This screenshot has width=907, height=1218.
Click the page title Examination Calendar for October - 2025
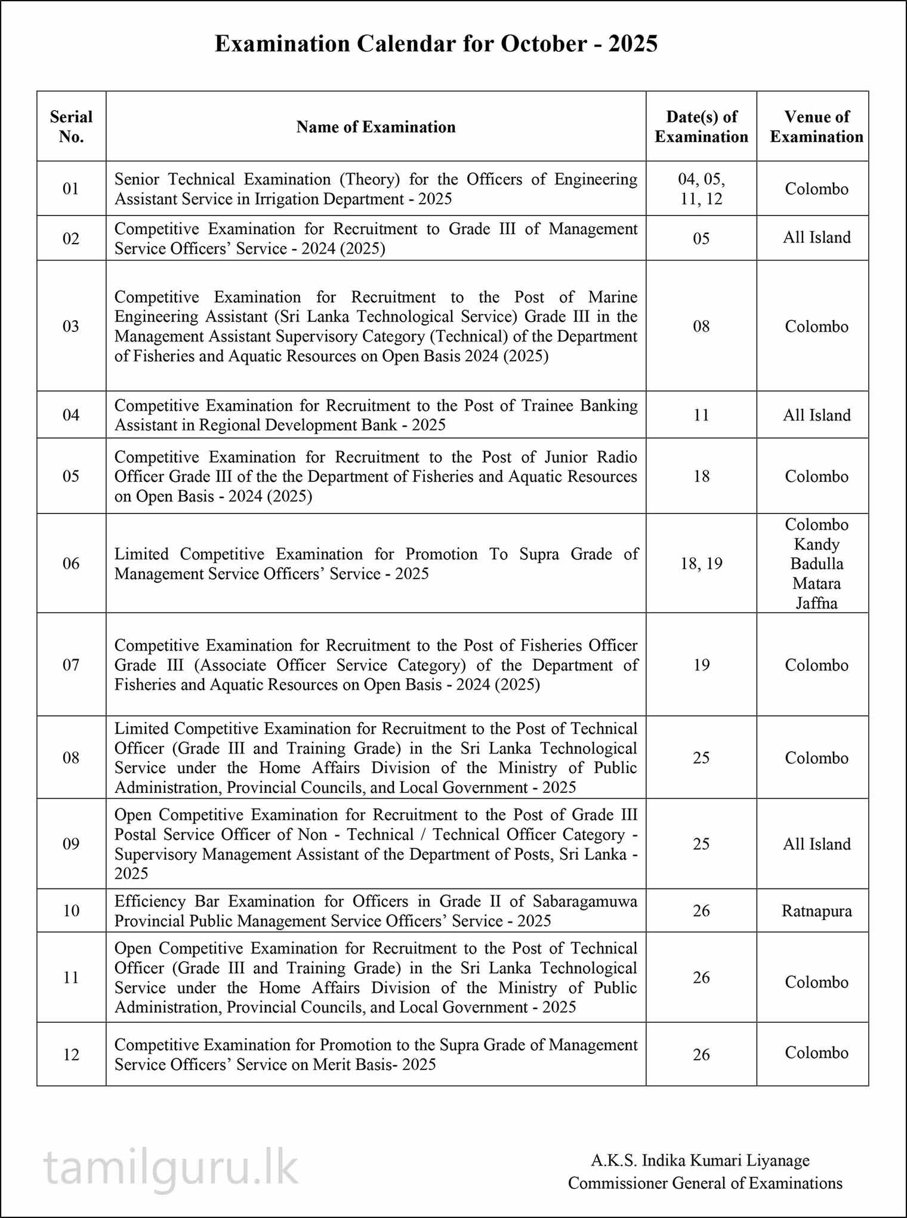pyautogui.click(x=436, y=44)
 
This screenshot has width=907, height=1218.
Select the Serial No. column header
pyautogui.click(x=71, y=127)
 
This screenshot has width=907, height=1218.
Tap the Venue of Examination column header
pyautogui.click(x=816, y=127)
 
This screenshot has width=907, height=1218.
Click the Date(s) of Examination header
pyautogui.click(x=701, y=127)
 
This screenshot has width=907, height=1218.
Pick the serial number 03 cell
pyautogui.click(x=71, y=326)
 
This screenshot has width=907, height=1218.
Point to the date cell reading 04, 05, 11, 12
pyautogui.click(x=701, y=189)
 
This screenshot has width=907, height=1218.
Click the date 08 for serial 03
pyautogui.click(x=701, y=326)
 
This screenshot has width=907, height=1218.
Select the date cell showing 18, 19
pyautogui.click(x=701, y=564)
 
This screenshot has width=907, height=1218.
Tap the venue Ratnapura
pyautogui.click(x=816, y=911)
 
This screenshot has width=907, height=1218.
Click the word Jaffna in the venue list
pyautogui.click(x=816, y=603)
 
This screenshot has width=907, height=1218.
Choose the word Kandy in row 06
pyautogui.click(x=816, y=545)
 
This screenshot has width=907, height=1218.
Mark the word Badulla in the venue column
pyautogui.click(x=816, y=564)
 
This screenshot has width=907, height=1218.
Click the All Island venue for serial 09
pyautogui.click(x=816, y=844)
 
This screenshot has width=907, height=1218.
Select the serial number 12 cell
pyautogui.click(x=71, y=1054)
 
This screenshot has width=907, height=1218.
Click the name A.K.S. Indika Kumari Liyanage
pyautogui.click(x=700, y=1160)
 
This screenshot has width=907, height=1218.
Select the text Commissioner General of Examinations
pyautogui.click(x=705, y=1183)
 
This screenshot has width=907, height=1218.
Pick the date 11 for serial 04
pyautogui.click(x=701, y=415)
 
